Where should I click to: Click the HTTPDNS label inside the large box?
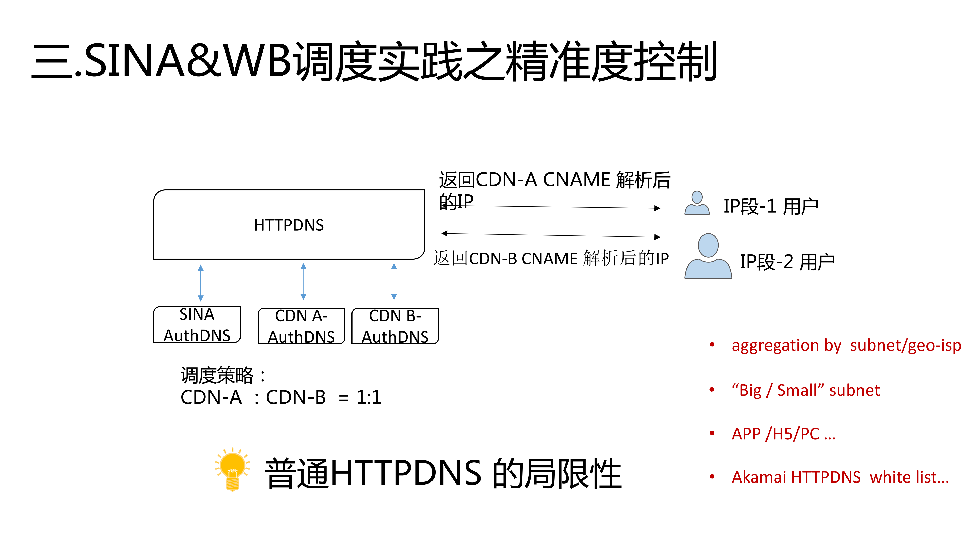[289, 225]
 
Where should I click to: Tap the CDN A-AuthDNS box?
[301, 326]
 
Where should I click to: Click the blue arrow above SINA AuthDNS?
[201, 283]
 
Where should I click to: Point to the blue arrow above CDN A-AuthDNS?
[303, 282]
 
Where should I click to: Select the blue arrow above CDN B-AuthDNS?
[394, 282]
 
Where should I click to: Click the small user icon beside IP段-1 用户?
[697, 203]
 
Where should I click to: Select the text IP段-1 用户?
[771, 207]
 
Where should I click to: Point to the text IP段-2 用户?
[787, 262]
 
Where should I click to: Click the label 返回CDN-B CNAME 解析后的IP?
[551, 259]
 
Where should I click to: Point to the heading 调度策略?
[217, 376]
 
